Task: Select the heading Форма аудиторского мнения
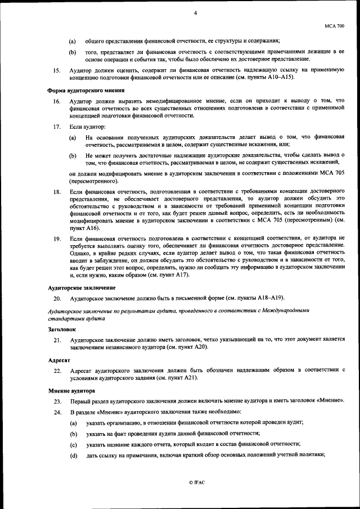85,91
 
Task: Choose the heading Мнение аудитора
70,390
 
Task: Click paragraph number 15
56,71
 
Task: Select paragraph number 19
56,238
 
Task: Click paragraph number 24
57,412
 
